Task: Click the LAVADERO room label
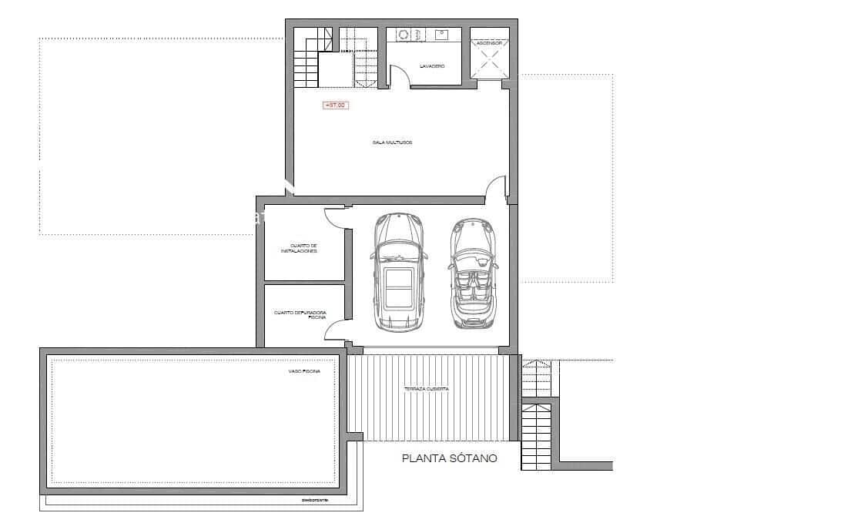(x=432, y=66)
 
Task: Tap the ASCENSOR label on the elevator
(x=489, y=44)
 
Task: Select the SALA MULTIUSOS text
(x=393, y=142)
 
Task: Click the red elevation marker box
(x=335, y=106)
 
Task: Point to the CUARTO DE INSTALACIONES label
(x=300, y=249)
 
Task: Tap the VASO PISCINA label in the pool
(x=304, y=370)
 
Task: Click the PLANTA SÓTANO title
(x=450, y=458)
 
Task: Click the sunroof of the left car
(x=398, y=290)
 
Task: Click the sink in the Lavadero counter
(x=442, y=35)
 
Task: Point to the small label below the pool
(x=315, y=500)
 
